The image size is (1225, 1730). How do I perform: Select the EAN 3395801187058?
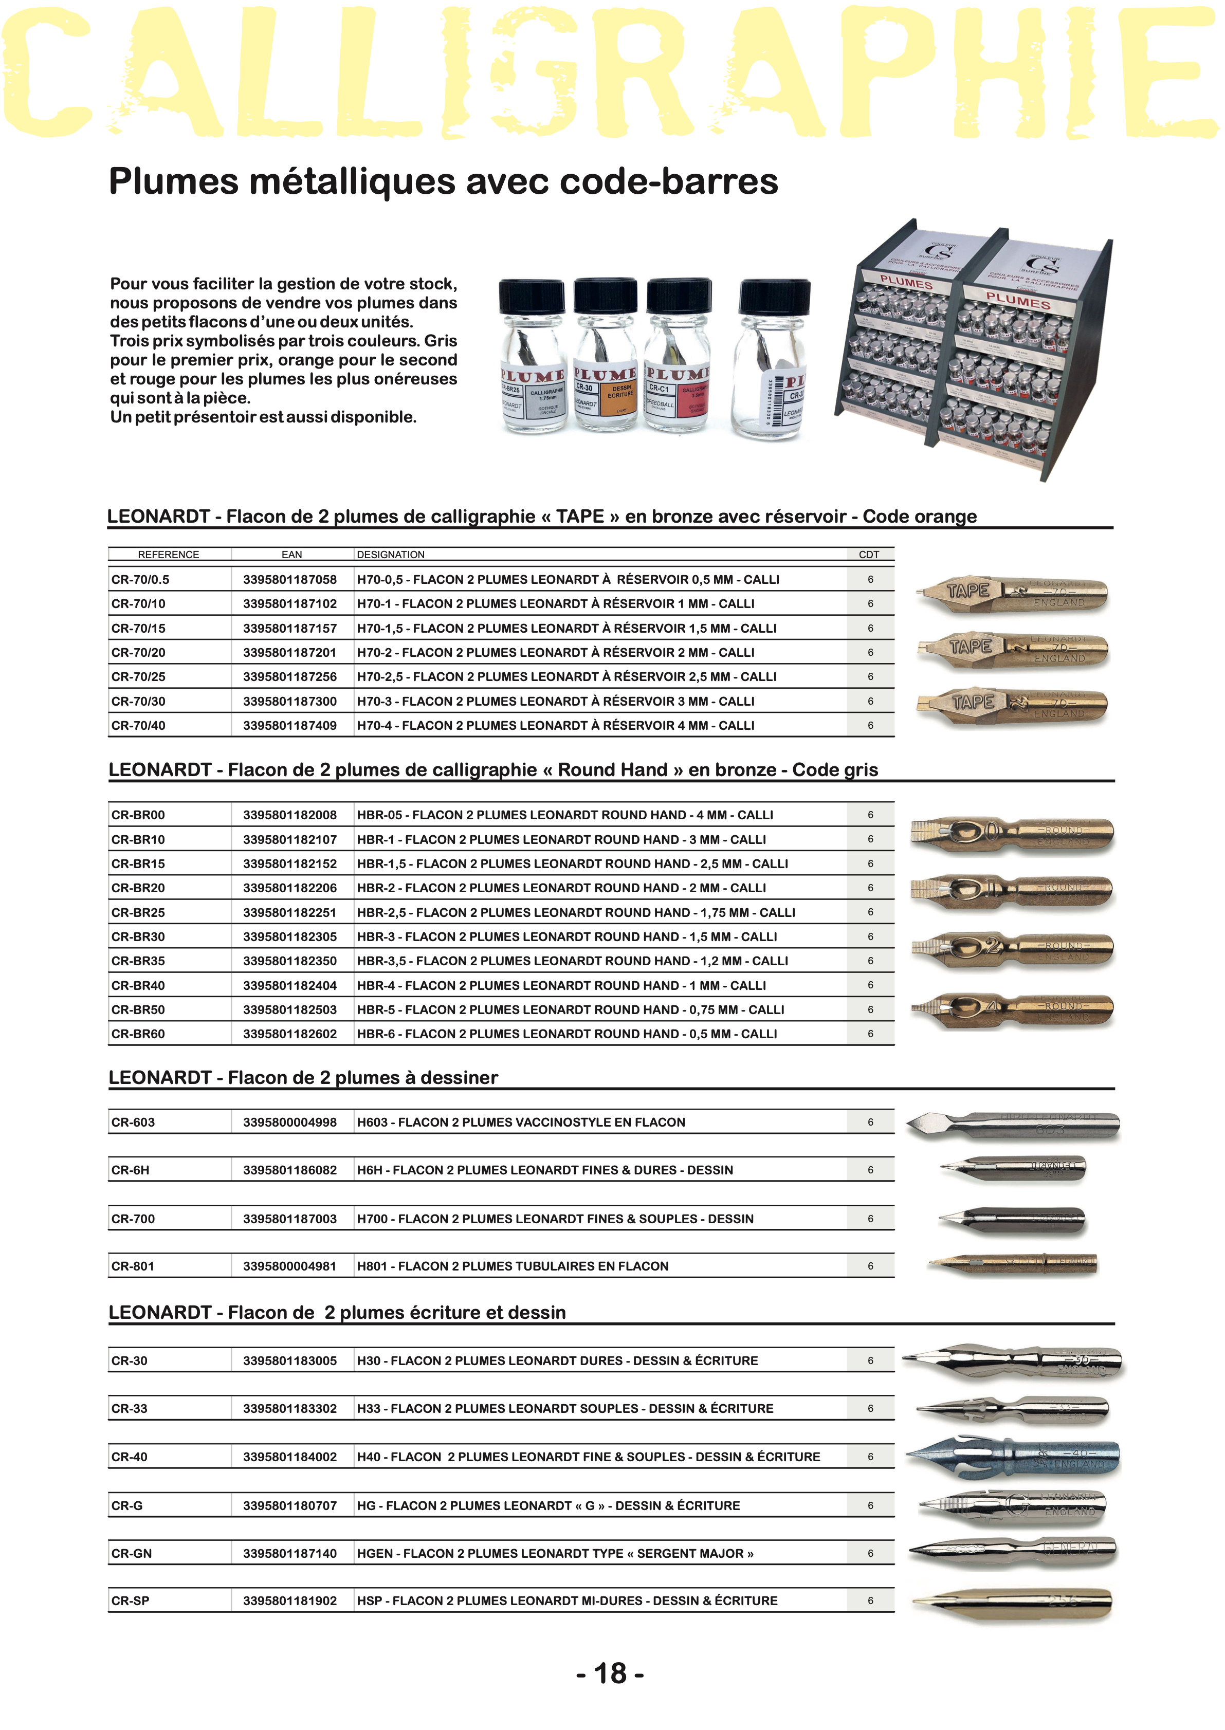coord(289,579)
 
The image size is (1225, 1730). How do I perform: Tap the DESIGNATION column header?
coord(391,554)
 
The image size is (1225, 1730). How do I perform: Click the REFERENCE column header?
coord(168,554)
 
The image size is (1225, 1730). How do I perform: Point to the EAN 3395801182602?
coord(289,1034)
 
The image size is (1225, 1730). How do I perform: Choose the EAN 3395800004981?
coord(289,1266)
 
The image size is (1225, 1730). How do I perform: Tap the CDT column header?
coord(869,554)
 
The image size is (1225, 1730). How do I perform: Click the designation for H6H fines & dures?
coord(544,1170)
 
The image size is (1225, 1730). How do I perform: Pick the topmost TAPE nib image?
coord(1012,592)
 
